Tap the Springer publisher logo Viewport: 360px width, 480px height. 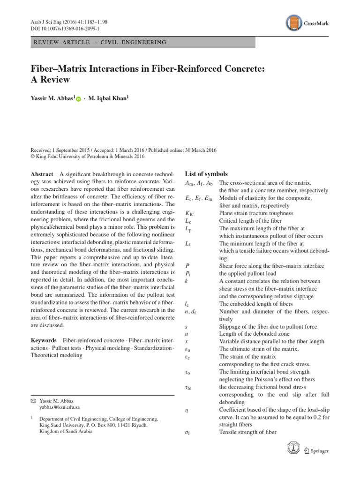315,451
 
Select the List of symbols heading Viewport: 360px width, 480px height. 206,173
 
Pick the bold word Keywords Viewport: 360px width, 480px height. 44,339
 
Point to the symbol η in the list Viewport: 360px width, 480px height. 187,410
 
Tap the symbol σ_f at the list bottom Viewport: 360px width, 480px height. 188,432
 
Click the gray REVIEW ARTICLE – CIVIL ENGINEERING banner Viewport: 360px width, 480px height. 142,43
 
